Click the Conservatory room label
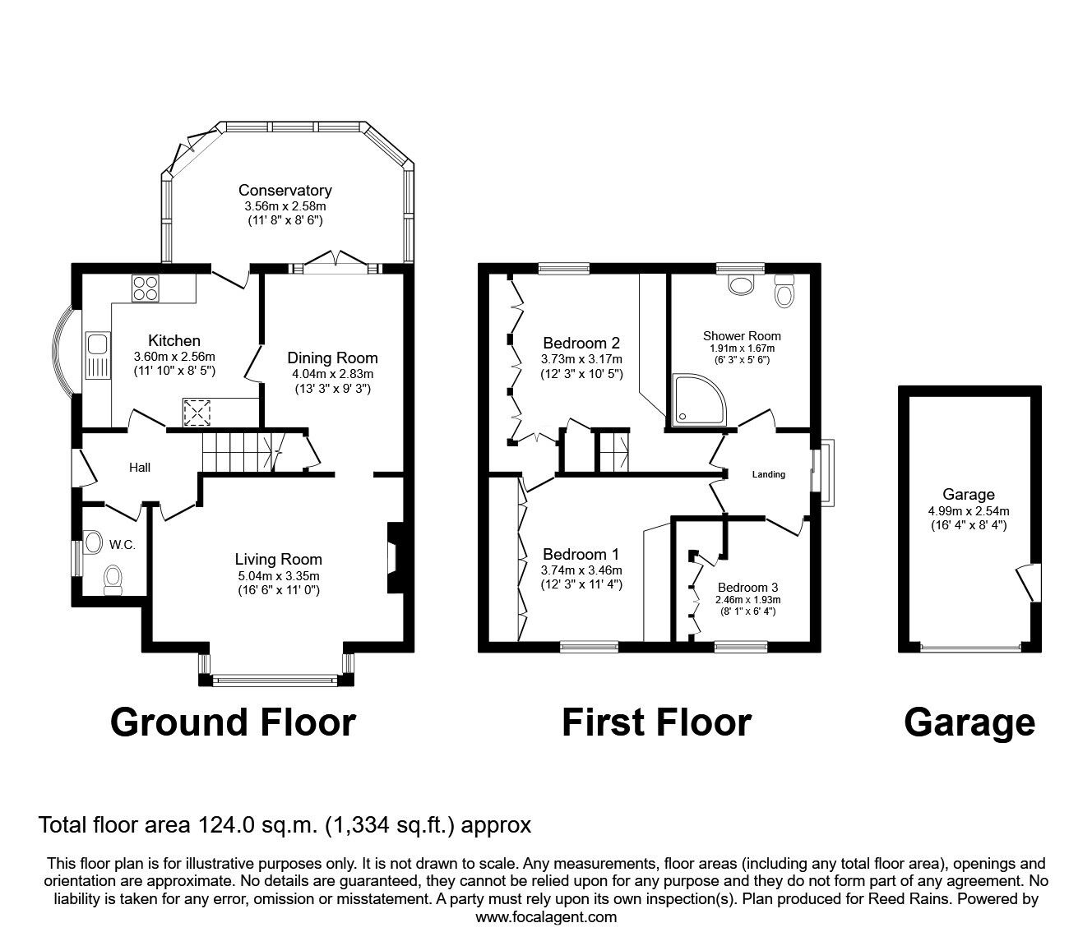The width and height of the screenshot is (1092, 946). (x=285, y=190)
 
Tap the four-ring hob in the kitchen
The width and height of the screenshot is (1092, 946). (x=146, y=288)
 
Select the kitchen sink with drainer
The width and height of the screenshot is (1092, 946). (x=98, y=355)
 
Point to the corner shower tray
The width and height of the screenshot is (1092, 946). (x=698, y=399)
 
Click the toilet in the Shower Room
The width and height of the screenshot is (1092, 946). (x=784, y=291)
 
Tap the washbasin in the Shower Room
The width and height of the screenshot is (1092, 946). (x=741, y=284)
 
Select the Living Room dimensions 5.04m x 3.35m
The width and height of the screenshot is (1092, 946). (x=279, y=575)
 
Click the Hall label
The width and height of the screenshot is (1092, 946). (x=140, y=467)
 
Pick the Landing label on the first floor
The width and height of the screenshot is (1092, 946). (x=769, y=474)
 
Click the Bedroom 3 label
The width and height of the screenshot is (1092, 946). (x=747, y=588)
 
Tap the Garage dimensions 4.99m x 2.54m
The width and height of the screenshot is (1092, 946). (x=969, y=510)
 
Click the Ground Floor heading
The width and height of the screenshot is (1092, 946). (x=233, y=722)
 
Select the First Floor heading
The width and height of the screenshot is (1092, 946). (x=657, y=722)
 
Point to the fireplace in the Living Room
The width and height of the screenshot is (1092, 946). (x=396, y=558)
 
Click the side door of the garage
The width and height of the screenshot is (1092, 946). (x=1030, y=582)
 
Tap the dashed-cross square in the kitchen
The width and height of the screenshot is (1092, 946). (x=197, y=413)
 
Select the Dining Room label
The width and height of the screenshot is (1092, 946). (x=332, y=358)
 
